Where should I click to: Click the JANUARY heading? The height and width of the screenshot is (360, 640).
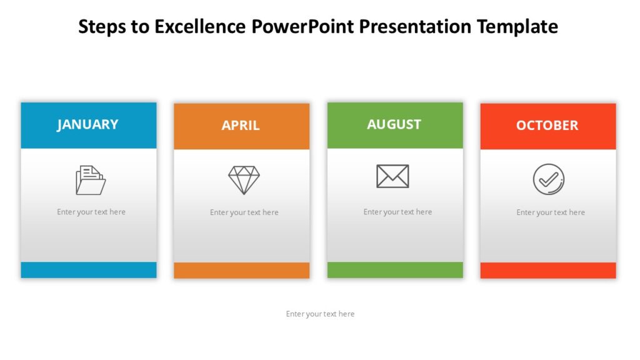(87, 124)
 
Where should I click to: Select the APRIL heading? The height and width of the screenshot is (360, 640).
(241, 126)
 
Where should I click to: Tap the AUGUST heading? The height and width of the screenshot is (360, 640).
(394, 124)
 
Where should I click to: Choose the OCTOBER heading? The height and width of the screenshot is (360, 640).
(547, 126)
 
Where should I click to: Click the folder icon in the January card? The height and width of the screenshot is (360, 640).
(91, 180)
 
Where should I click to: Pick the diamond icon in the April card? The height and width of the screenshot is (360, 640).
(244, 180)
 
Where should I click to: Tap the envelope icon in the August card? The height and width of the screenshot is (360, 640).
(392, 176)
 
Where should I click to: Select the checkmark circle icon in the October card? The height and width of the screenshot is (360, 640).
(549, 179)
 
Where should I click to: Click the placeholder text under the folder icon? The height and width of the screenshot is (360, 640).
(91, 212)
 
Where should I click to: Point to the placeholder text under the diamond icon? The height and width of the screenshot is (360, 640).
(244, 212)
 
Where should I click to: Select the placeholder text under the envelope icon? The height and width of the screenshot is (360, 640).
(397, 212)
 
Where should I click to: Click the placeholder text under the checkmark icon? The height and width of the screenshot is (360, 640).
(551, 212)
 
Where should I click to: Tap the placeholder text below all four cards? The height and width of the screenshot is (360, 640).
(320, 314)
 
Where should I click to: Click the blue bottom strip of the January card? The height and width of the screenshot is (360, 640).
(89, 270)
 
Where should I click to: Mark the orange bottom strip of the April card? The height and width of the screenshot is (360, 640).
(241, 271)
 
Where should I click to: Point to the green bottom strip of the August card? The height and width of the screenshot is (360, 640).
(395, 270)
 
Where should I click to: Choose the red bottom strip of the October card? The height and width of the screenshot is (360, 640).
(548, 271)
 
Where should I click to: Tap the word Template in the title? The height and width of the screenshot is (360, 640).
(517, 26)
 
